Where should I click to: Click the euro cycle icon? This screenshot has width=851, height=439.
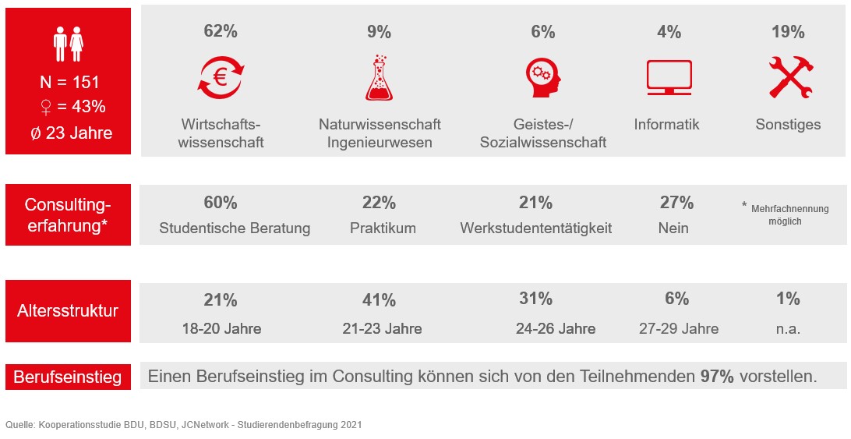[221, 78]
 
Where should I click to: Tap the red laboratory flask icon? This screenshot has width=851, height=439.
[379, 78]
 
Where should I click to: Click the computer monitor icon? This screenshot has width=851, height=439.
[669, 78]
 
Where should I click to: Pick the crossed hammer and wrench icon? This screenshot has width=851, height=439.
[788, 77]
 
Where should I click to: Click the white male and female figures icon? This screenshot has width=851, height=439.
[68, 44]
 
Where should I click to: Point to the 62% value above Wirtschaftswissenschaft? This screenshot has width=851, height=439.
[221, 32]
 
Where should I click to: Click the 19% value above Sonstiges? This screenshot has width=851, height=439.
[788, 32]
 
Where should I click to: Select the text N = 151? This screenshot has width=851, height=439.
[69, 83]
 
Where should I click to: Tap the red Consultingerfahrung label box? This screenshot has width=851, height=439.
[68, 215]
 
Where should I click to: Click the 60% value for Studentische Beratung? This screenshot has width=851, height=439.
[221, 203]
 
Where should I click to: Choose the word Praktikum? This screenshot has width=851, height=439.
[383, 228]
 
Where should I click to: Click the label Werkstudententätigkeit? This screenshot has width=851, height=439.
[535, 228]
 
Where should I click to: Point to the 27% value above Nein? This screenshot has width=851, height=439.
[676, 203]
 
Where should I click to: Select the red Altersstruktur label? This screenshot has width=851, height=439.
[68, 311]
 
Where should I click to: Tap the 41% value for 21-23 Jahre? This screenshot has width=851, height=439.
[380, 300]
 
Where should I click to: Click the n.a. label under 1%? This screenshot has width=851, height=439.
[788, 328]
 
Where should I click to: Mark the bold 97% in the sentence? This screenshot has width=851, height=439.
[717, 377]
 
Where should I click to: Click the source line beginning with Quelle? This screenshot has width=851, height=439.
[183, 425]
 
